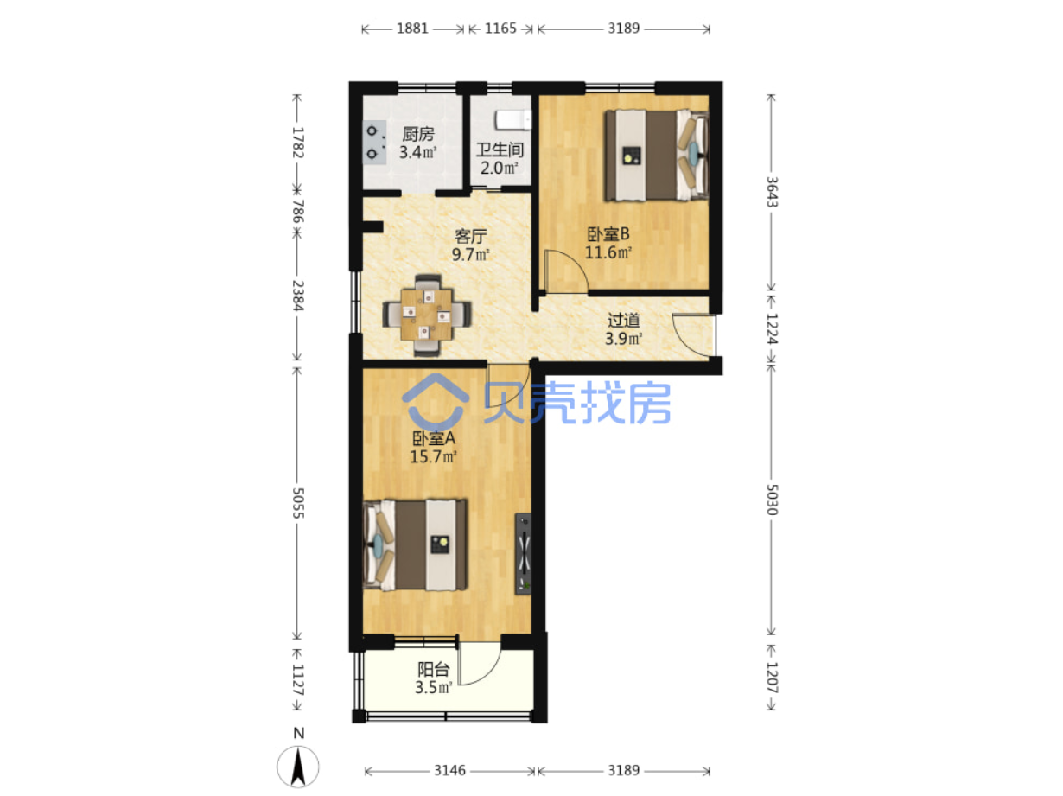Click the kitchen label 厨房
pyautogui.click(x=417, y=134)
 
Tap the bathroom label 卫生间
pyautogui.click(x=500, y=150)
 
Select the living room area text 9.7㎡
pyautogui.click(x=470, y=254)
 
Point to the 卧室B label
pyautogui.click(x=608, y=234)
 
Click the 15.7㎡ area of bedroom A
pyautogui.click(x=434, y=456)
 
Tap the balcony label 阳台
pyautogui.click(x=434, y=670)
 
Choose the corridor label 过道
pyautogui.click(x=623, y=320)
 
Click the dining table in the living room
pyautogui.click(x=427, y=315)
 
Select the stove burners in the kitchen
pyautogui.click(x=374, y=143)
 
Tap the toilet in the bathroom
pyautogui.click(x=512, y=120)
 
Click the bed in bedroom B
pyautogui.click(x=656, y=156)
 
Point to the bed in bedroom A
pyautogui.click(x=415, y=545)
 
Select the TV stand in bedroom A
pyautogui.click(x=523, y=553)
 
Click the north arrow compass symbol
pyautogui.click(x=298, y=766)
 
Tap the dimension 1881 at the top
pyautogui.click(x=412, y=29)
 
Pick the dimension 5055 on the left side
pyautogui.click(x=298, y=503)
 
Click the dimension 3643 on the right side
pyautogui.click(x=772, y=192)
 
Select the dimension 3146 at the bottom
pyautogui.click(x=449, y=770)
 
